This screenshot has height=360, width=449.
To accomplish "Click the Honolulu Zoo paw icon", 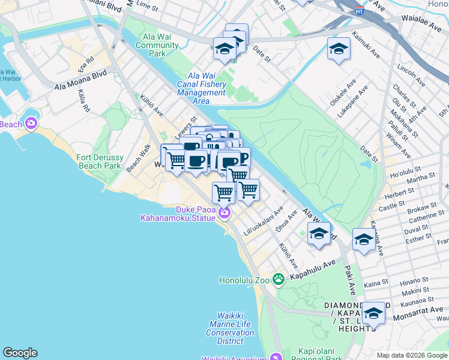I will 278,279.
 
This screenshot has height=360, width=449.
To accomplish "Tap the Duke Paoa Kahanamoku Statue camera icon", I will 224,212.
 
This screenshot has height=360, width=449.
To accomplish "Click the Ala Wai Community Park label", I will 157,45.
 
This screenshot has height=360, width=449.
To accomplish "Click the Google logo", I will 20,353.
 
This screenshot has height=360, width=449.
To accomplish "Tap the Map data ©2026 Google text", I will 411,355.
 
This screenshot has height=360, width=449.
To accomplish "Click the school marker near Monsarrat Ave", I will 373,313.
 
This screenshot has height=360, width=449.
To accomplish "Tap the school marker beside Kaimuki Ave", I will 339,48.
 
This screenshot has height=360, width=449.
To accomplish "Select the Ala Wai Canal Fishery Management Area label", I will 202,89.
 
